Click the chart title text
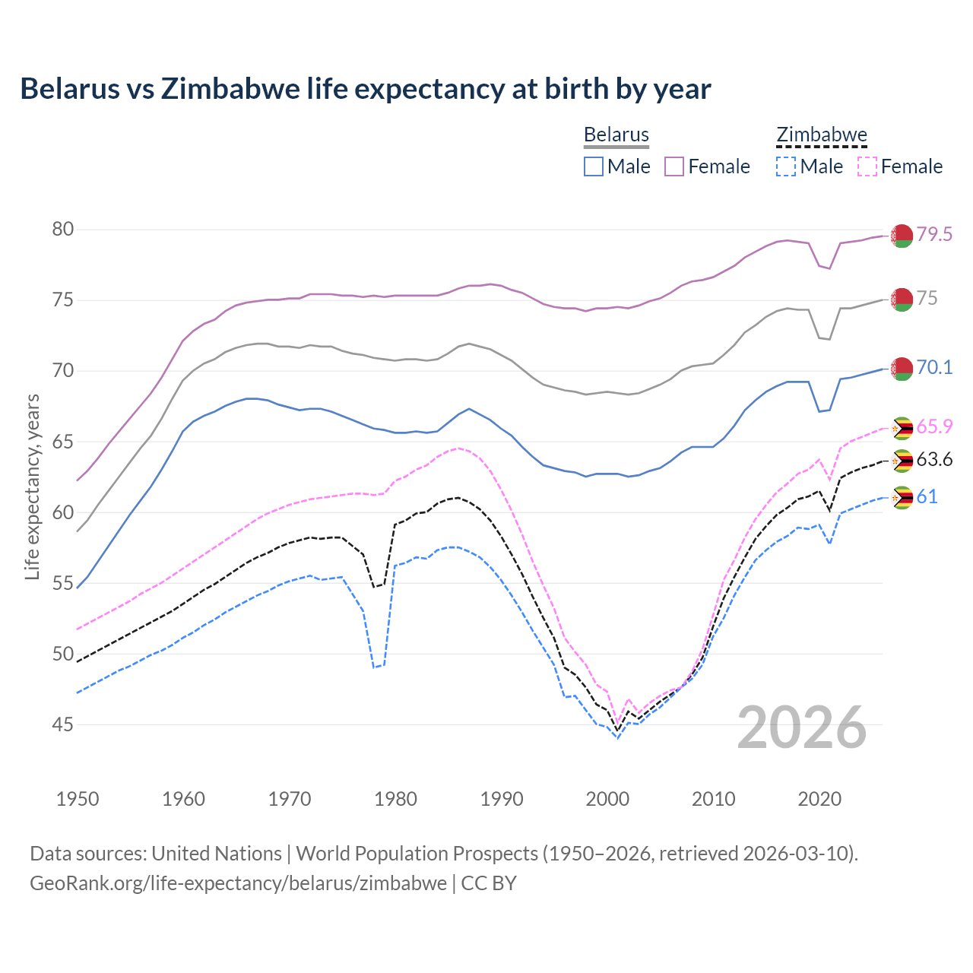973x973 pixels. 365,89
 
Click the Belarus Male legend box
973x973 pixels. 594,166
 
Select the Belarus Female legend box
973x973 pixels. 674,166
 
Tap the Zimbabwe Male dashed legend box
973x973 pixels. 786,166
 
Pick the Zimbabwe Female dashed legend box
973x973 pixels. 867,166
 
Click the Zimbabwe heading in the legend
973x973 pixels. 821,135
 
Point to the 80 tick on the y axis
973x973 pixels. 63,229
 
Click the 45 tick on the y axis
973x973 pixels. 63,724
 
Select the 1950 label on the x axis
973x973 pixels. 78,799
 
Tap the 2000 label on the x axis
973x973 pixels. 607,799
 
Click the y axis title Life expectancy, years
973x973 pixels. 32,486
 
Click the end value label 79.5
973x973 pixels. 934,234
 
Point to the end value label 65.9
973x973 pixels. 934,426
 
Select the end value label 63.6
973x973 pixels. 934,459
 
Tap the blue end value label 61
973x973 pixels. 927,496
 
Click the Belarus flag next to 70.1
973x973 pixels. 902,369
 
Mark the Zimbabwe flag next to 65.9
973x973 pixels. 902,428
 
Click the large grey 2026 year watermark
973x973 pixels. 802,727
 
